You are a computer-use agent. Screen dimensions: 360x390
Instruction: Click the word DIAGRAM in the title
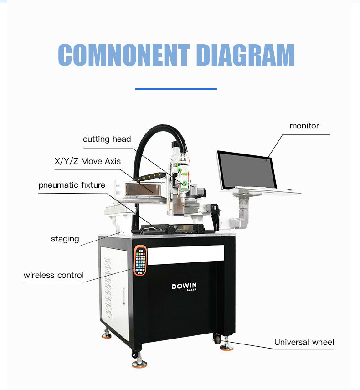click(246, 55)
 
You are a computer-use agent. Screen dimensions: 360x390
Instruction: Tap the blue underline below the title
click(176, 89)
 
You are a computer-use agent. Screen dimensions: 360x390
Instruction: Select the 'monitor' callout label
click(304, 125)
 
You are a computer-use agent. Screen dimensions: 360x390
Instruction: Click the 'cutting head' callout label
click(107, 139)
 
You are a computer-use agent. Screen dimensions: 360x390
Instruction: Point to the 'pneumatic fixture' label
click(72, 185)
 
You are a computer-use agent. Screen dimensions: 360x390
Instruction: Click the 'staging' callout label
click(65, 239)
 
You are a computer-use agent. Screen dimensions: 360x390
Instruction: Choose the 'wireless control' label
click(54, 275)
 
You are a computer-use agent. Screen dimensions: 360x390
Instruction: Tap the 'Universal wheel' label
click(304, 342)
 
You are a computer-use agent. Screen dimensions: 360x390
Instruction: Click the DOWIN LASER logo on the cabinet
click(184, 287)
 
